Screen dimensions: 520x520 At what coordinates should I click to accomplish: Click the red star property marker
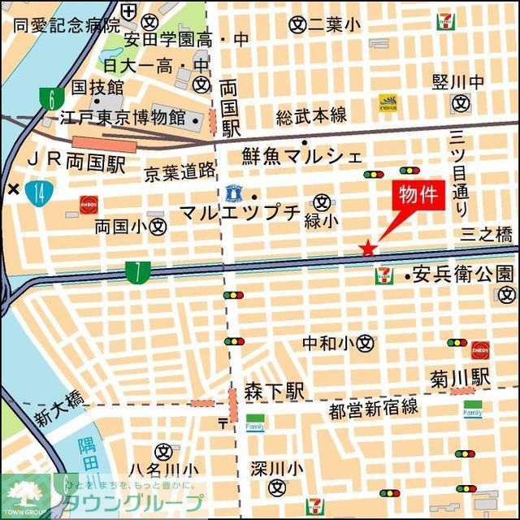coord(368,247)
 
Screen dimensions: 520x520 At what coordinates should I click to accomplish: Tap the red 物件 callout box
coord(420,196)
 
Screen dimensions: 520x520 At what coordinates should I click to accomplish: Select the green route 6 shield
coord(51,99)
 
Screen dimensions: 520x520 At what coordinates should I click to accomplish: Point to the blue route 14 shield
coord(38,193)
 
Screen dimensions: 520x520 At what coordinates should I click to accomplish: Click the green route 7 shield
coord(138,273)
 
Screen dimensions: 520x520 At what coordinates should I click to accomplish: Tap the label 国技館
coord(97,87)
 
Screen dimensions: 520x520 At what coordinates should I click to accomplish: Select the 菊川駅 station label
coord(461,377)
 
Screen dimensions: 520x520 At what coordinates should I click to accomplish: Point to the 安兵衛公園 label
coord(463,274)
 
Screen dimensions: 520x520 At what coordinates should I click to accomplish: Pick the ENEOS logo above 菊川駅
coord(479,349)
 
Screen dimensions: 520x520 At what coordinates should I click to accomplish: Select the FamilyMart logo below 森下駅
coord(256,423)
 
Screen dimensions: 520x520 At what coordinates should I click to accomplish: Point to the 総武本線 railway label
coord(311,115)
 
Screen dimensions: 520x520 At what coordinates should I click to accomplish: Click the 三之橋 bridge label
coord(487,236)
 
